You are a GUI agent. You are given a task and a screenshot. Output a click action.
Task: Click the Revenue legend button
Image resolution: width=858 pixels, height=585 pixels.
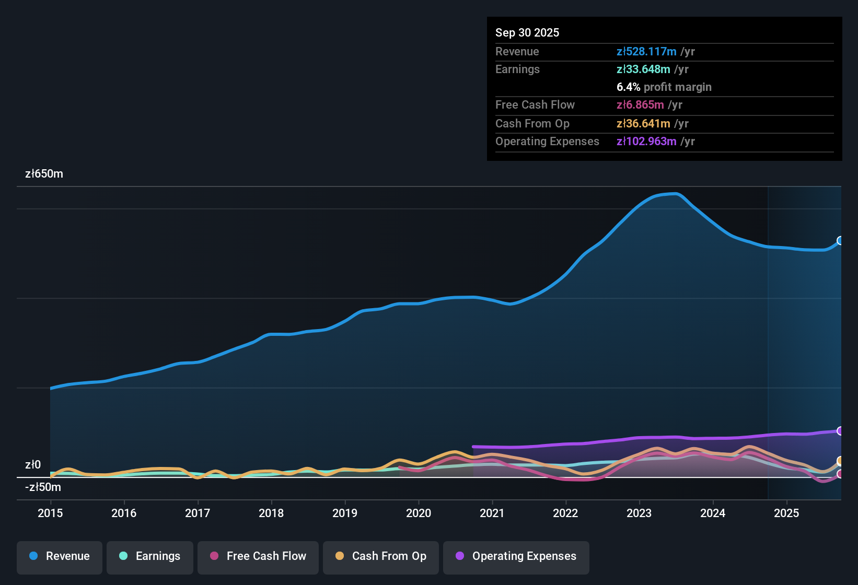click(60, 556)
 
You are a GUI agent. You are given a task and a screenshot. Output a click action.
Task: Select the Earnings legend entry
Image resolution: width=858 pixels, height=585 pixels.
click(150, 556)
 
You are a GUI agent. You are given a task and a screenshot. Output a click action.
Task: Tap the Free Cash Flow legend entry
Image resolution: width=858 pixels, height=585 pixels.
click(258, 556)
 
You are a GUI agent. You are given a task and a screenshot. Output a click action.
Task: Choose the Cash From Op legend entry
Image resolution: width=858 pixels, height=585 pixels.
click(381, 556)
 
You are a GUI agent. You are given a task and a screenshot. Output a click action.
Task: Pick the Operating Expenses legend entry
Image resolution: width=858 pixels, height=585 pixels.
click(516, 556)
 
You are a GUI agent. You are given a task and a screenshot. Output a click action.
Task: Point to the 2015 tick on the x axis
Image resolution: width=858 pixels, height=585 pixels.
click(50, 513)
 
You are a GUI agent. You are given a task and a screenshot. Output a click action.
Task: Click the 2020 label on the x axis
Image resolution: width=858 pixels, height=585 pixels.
click(419, 513)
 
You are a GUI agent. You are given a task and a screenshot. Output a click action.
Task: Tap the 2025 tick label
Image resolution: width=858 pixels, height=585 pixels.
click(786, 513)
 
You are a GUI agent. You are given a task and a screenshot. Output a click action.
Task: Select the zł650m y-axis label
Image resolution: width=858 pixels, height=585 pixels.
click(44, 174)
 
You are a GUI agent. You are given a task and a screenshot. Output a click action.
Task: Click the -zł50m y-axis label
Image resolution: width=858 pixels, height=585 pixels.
click(43, 487)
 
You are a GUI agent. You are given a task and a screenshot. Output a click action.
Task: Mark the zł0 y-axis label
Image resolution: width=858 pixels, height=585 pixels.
click(33, 465)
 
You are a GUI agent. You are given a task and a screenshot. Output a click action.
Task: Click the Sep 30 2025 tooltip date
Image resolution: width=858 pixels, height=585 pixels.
click(527, 32)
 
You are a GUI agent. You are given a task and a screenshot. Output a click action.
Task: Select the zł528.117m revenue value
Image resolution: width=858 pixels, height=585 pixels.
click(646, 52)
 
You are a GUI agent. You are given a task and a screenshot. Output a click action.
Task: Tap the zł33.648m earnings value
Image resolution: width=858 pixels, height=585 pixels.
click(643, 69)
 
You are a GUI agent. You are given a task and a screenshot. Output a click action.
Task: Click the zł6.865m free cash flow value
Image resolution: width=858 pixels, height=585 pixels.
click(640, 105)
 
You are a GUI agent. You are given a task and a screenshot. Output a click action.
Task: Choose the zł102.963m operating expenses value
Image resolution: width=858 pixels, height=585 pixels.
click(646, 142)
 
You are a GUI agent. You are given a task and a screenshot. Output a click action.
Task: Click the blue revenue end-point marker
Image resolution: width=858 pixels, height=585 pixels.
click(840, 241)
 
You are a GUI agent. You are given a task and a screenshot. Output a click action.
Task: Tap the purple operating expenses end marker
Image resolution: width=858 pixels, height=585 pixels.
click(840, 431)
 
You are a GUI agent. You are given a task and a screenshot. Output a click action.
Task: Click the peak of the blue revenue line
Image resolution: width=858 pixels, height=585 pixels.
click(676, 194)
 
